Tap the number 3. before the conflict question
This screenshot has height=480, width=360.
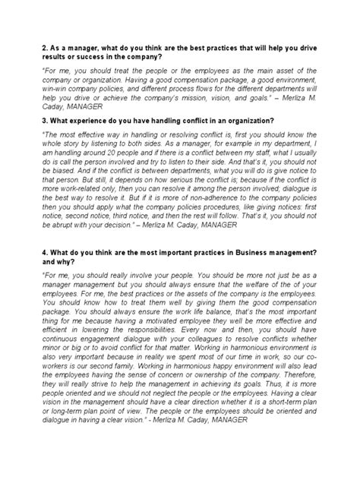(x=43, y=120)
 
